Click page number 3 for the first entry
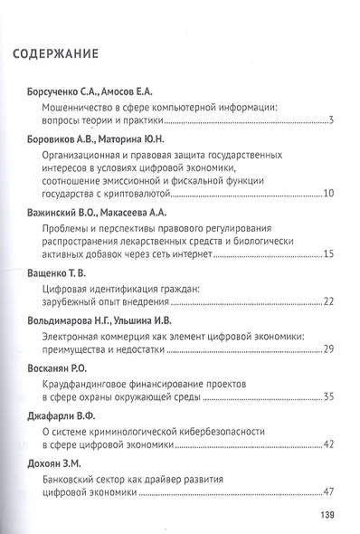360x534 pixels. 333,121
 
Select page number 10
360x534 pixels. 329,193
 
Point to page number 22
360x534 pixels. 329,300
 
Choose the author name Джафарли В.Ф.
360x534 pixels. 54,415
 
